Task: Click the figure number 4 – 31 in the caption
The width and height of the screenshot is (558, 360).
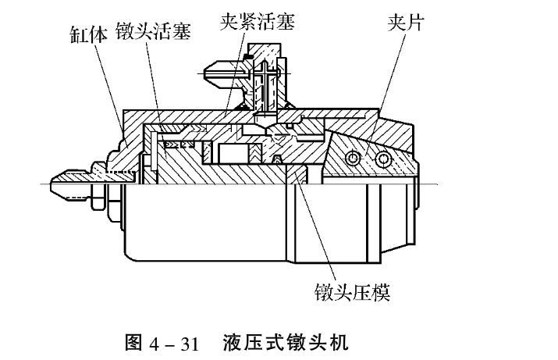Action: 166,342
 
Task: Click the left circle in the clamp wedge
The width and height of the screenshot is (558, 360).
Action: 356,159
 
